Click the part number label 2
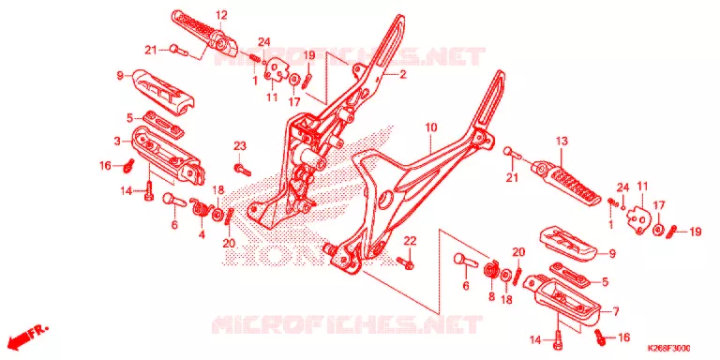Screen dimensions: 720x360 [403, 74]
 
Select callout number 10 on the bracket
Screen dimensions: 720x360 [430, 127]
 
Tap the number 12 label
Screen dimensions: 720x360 [221, 15]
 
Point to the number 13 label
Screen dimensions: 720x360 [562, 141]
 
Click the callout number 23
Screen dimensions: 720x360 [240, 146]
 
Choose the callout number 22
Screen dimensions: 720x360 [410, 241]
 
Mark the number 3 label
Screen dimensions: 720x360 [118, 141]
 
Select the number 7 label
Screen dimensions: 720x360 [615, 312]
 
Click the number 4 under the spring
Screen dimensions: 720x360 [202, 234]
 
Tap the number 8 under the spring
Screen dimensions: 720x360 [491, 297]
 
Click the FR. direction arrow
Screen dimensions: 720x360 [27, 337]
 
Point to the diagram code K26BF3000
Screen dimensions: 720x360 [669, 349]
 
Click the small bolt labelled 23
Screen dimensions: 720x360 [243, 170]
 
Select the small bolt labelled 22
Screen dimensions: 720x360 [406, 263]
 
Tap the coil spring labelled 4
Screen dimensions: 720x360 [201, 208]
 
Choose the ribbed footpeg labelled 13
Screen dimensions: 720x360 [566, 184]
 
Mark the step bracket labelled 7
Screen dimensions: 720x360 [562, 297]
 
